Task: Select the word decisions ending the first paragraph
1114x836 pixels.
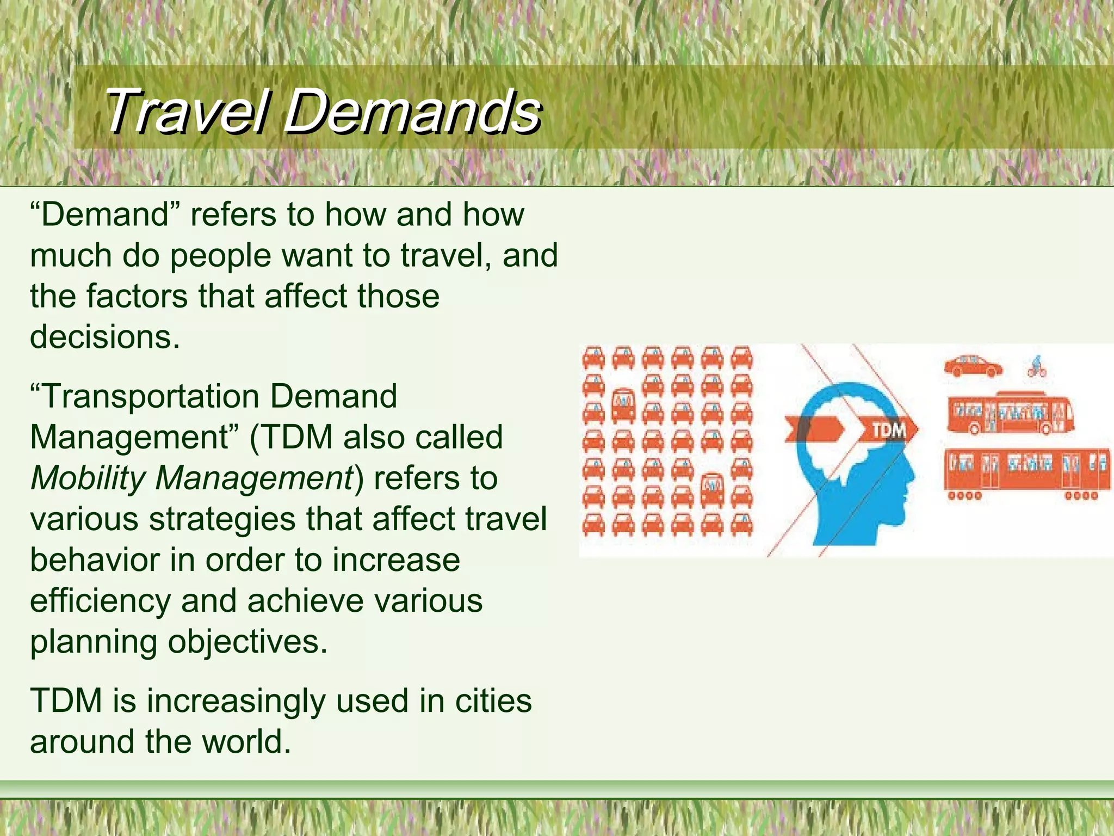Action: point(104,337)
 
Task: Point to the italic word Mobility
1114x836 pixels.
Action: point(87,478)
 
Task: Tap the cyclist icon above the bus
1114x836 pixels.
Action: point(1037,367)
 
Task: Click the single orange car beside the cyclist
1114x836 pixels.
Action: point(973,366)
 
